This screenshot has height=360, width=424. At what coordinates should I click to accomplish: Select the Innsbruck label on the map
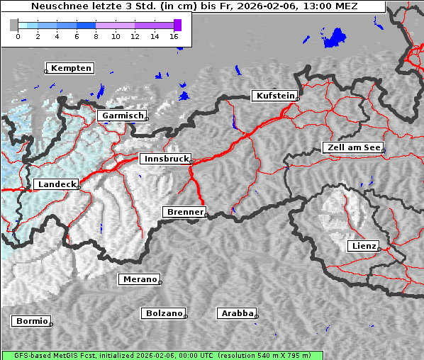(166, 159)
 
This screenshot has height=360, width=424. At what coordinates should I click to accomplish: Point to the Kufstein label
(275, 96)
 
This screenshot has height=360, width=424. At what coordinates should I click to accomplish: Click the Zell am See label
(352, 147)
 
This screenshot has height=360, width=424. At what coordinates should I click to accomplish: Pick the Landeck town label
(56, 184)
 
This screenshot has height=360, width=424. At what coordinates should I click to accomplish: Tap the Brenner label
(185, 212)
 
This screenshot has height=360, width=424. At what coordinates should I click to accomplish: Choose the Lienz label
(363, 246)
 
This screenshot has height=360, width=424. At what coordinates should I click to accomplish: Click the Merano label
(139, 279)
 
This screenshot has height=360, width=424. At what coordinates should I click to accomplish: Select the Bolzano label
(164, 313)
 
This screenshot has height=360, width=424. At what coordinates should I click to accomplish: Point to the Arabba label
(237, 313)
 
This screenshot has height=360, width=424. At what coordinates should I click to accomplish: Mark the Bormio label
(32, 321)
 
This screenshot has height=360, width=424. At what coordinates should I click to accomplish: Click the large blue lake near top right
(333, 38)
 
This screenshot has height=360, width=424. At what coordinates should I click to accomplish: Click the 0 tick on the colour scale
(18, 36)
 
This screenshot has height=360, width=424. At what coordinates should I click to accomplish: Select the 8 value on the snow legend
(96, 36)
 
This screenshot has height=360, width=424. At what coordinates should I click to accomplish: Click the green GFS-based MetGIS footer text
(162, 355)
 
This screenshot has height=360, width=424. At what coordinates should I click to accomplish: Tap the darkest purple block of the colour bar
(177, 26)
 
